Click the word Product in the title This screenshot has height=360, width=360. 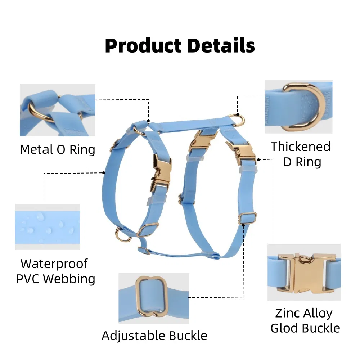[x=143, y=46]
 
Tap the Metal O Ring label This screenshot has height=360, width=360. [x=58, y=149]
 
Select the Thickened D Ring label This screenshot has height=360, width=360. [x=301, y=154]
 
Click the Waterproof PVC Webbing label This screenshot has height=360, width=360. [x=56, y=271]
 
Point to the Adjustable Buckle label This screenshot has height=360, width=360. [x=154, y=336]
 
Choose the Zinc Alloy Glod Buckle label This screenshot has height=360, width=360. [x=305, y=320]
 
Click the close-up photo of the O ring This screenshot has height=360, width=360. [x=58, y=110]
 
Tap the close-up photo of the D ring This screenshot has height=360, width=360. [x=298, y=107]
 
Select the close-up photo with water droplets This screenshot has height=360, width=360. [x=48, y=227]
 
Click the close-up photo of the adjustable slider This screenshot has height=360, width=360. [x=154, y=298]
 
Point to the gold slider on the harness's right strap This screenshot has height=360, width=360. [x=247, y=218]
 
